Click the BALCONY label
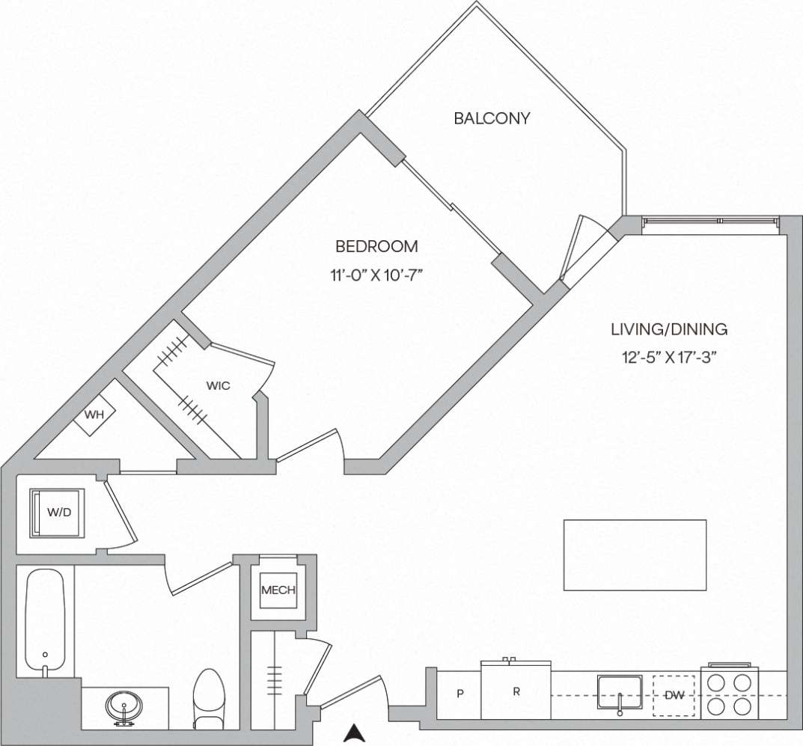click(492, 118)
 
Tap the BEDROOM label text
click(376, 246)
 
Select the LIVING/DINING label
click(669, 328)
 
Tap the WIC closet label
click(219, 386)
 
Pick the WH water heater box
click(94, 414)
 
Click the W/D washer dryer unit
click(58, 513)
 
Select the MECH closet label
click(278, 590)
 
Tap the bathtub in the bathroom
click(46, 621)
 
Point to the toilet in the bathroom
click(209, 697)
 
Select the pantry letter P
click(460, 694)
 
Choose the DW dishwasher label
click(675, 695)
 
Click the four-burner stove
click(730, 693)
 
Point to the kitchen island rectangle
click(635, 554)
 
